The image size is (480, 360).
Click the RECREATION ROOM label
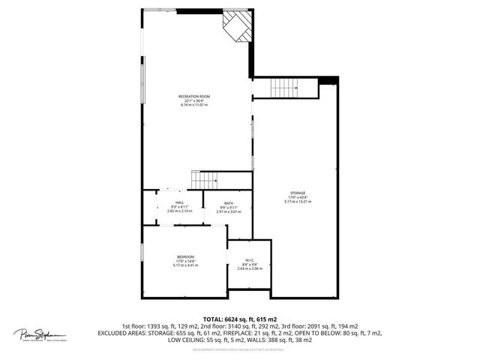[193, 97]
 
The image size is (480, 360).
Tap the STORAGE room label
[298, 193]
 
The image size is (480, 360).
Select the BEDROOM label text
[185, 256]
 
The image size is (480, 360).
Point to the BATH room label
[227, 202]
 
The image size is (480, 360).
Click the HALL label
[179, 202]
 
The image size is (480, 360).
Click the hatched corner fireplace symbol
[238, 28]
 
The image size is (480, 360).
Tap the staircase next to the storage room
[290, 88]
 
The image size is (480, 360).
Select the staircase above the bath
[205, 181]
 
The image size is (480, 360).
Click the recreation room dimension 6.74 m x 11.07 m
[193, 106]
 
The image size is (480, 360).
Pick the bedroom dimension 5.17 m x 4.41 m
[185, 265]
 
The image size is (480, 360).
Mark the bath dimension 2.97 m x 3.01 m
[227, 211]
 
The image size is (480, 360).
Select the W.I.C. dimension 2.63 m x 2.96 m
[247, 268]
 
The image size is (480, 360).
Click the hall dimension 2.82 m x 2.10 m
[179, 211]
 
